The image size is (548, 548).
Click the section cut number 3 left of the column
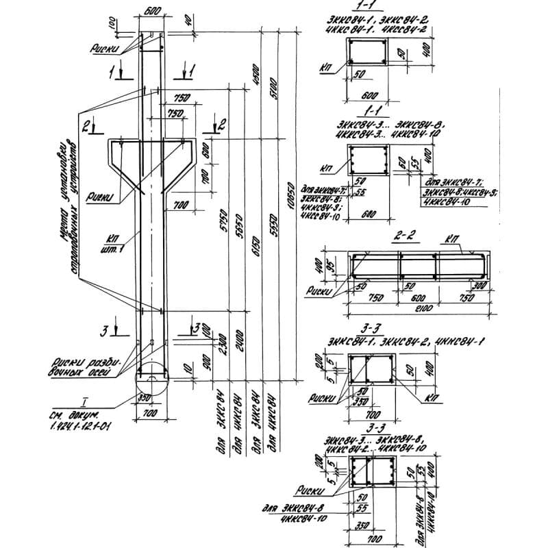pyautogui.click(x=105, y=332)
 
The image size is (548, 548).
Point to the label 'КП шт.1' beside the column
pyautogui.click(x=108, y=243)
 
